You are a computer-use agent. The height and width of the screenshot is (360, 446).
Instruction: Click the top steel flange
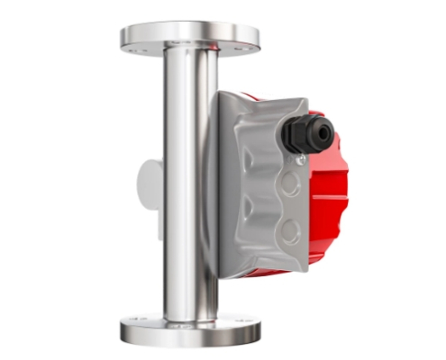(189, 37)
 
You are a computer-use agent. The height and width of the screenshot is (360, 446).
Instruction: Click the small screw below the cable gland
(301, 159)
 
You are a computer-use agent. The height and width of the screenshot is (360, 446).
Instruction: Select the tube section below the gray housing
(189, 288)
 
